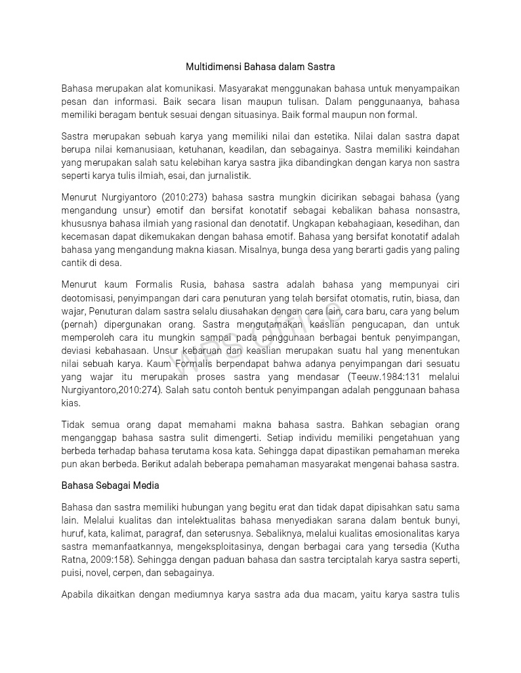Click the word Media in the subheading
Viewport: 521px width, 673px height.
[x=145, y=486]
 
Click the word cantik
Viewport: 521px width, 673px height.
[x=75, y=263]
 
